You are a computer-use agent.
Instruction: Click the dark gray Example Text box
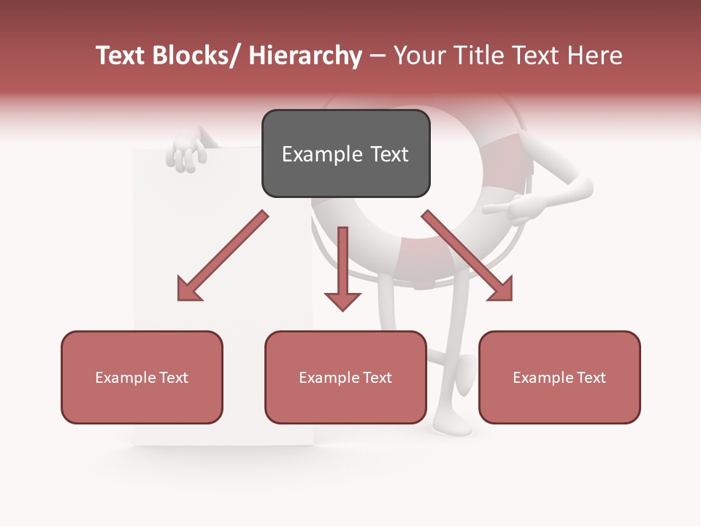[x=345, y=153]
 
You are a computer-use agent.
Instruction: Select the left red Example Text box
[x=142, y=377]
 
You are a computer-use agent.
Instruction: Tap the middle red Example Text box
[x=345, y=377]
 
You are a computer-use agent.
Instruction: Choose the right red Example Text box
[x=559, y=377]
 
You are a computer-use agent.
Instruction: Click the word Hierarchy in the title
[x=305, y=56]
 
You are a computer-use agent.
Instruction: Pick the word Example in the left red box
[x=126, y=377]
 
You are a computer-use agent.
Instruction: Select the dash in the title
[x=378, y=56]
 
